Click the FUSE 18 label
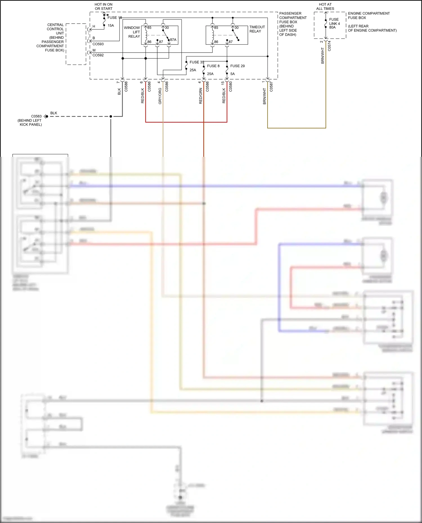tap(115, 17)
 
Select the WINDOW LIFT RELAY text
tap(132, 32)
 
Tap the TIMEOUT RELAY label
tap(257, 29)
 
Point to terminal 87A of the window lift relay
tap(173, 40)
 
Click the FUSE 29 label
tap(237, 66)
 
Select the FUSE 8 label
tap(213, 66)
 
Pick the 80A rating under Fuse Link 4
tap(332, 28)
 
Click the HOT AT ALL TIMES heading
tap(325, 6)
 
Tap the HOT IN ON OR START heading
tap(103, 6)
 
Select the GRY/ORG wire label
tap(160, 96)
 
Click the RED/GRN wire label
tap(201, 96)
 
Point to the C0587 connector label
tap(271, 87)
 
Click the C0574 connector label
tap(329, 46)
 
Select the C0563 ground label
tap(36, 116)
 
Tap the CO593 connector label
tap(98, 44)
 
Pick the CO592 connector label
tap(98, 55)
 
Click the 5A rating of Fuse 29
tap(232, 74)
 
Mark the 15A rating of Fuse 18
tap(111, 26)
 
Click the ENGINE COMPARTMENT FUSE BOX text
tap(369, 15)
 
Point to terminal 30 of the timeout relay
tap(236, 28)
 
